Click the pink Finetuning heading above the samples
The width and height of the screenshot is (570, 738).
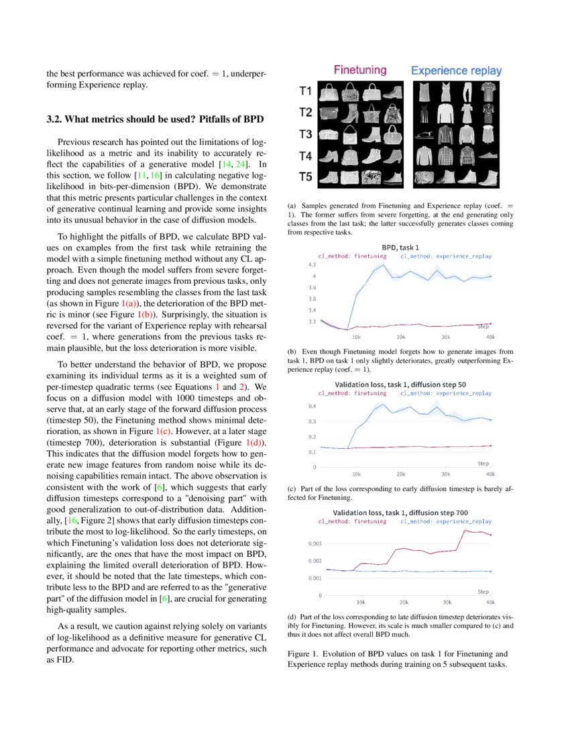[359, 70]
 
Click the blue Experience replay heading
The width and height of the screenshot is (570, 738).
[455, 70]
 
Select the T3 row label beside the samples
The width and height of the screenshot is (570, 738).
[306, 134]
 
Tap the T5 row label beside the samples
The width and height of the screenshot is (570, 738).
[306, 178]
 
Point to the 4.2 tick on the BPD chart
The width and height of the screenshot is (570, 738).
[312, 264]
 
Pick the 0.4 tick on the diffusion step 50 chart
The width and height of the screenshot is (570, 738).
[312, 406]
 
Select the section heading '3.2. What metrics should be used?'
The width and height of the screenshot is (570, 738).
[155, 119]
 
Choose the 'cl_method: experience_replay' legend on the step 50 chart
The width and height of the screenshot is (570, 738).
[446, 393]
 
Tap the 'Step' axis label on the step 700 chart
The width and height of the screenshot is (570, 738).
[483, 592]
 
